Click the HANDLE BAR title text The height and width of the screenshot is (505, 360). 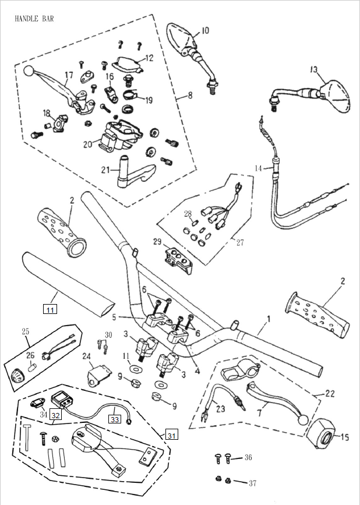click(34, 19)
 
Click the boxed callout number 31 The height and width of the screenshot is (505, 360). click(172, 435)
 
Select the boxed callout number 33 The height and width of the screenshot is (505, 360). click(115, 419)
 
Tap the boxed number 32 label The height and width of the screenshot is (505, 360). click(55, 415)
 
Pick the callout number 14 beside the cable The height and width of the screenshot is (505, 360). click(259, 168)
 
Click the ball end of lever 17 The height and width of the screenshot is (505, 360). click(29, 70)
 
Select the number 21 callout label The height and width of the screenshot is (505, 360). click(105, 169)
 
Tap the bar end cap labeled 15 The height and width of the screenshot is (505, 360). click(322, 433)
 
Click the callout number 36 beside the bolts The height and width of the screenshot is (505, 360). click(248, 457)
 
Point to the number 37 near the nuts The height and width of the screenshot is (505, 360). click(252, 483)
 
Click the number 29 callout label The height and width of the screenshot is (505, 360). click(157, 241)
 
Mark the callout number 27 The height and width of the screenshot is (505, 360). click(240, 242)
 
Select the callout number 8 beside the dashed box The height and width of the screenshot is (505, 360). click(190, 96)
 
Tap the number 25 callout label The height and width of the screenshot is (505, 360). click(26, 331)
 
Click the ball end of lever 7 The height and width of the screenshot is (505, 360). click(303, 419)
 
